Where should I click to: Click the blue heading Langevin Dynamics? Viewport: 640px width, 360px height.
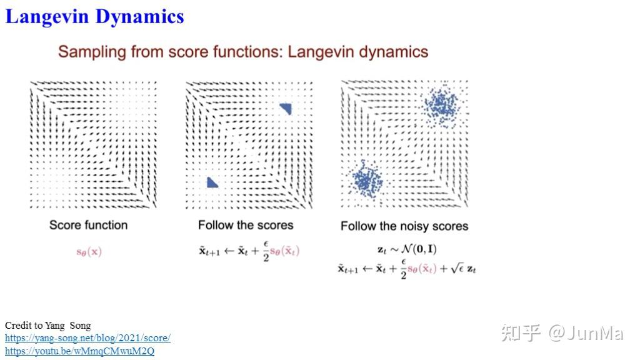[x=94, y=16]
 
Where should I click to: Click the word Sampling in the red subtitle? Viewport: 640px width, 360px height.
[x=92, y=51]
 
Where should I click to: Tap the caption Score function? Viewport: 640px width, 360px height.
[x=88, y=225]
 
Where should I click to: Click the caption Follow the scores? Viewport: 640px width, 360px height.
[x=246, y=225]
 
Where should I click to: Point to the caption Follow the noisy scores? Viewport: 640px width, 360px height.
[x=404, y=226]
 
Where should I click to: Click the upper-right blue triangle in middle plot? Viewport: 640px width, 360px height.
[x=286, y=109]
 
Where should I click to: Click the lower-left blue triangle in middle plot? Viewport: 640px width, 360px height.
[x=212, y=182]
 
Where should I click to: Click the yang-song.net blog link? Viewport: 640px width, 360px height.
[x=87, y=338]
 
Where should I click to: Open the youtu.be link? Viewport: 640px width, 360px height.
[x=79, y=351]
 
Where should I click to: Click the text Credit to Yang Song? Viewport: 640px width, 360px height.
[x=47, y=326]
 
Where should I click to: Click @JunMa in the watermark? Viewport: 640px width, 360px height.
[x=586, y=333]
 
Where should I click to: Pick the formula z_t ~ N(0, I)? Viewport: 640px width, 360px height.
[x=407, y=249]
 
